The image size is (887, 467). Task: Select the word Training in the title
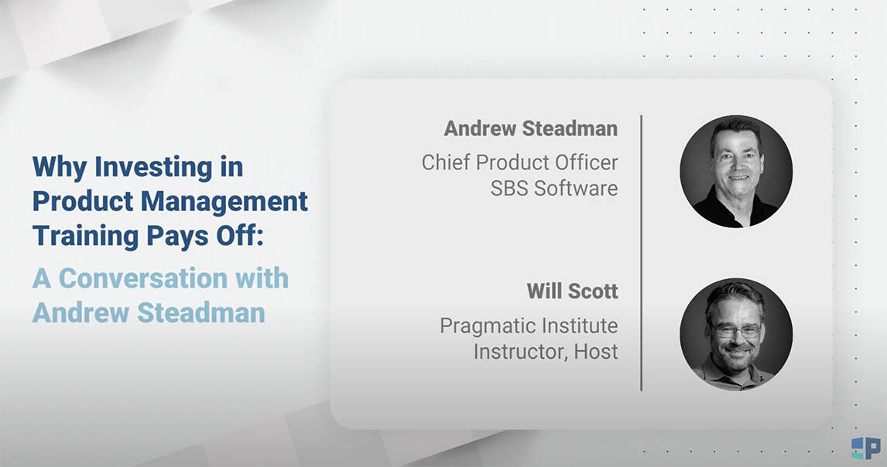(86, 236)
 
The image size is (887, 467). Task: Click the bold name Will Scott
(572, 291)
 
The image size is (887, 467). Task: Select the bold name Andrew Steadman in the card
(531, 128)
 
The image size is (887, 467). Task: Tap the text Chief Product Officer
(520, 162)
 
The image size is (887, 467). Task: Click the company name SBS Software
(554, 188)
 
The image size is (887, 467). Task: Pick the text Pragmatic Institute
(529, 326)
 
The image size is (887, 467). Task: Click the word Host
(596, 352)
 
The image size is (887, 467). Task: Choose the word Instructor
(520, 353)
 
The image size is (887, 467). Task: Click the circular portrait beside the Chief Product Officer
(736, 172)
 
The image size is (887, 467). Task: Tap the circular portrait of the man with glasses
(736, 334)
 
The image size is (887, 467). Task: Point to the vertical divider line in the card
(641, 253)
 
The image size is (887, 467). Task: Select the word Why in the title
(60, 168)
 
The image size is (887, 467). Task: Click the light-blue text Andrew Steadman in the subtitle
(149, 312)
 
